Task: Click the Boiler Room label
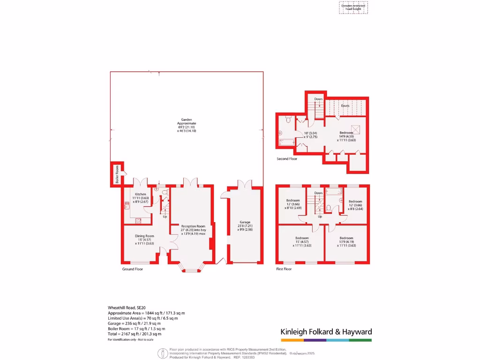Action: (x=117, y=174)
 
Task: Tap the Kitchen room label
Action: (x=141, y=194)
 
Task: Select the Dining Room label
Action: (x=144, y=236)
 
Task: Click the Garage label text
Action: (x=245, y=222)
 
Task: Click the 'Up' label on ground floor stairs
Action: (x=165, y=217)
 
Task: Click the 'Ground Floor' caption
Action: (x=133, y=269)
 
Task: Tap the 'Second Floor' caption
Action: (x=287, y=159)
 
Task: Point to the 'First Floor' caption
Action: (x=284, y=269)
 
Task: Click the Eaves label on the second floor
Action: (x=345, y=105)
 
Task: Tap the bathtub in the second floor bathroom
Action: (x=285, y=142)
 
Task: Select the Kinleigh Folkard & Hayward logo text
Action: (x=326, y=332)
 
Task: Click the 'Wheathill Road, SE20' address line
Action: (x=127, y=307)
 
